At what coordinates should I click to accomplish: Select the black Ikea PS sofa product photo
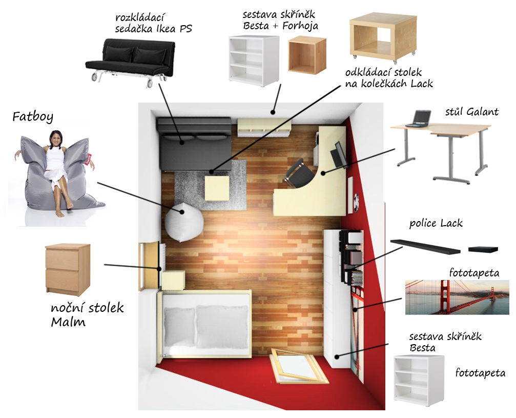coord(128,59)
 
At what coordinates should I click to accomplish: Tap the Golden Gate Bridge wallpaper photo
coord(457,297)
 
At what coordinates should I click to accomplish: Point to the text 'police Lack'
coord(436,223)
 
